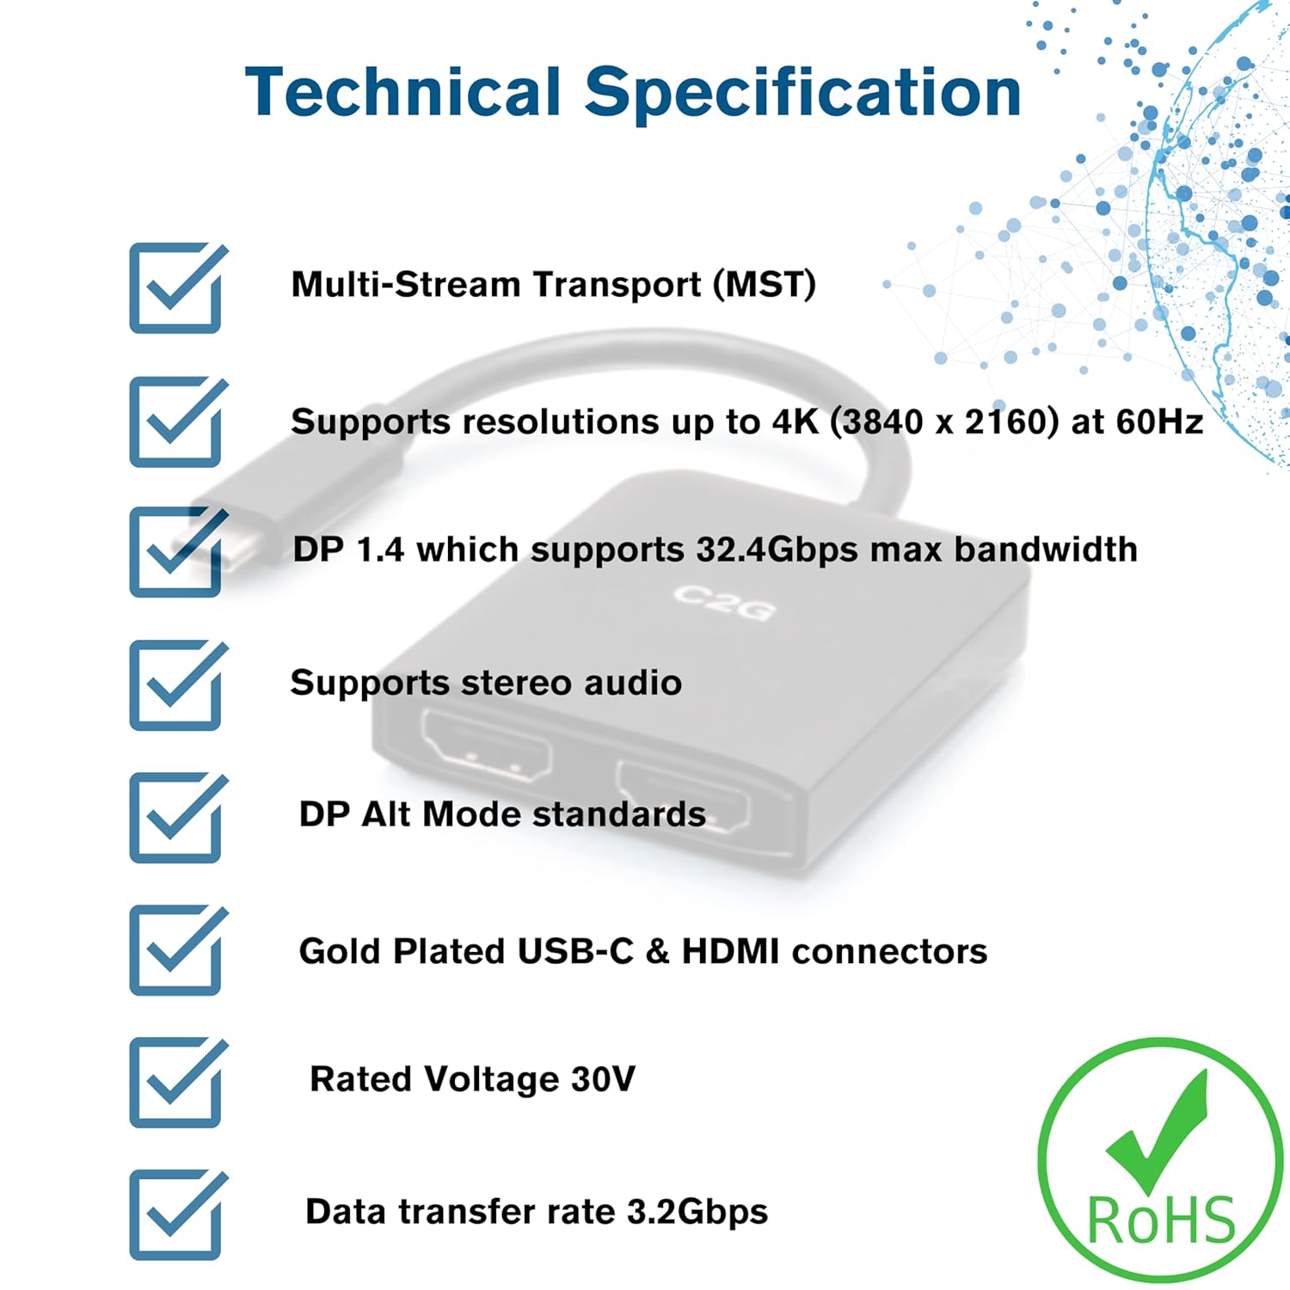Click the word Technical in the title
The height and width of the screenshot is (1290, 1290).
click(x=403, y=92)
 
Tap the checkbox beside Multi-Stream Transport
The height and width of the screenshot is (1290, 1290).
click(x=178, y=288)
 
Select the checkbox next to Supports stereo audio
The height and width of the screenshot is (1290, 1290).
click(x=178, y=685)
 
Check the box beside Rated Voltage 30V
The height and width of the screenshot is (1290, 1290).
click(x=178, y=1083)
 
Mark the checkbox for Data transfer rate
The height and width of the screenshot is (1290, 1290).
click(x=178, y=1215)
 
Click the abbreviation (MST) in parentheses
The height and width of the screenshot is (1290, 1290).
click(x=765, y=285)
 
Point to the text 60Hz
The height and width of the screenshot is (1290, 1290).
click(x=1159, y=421)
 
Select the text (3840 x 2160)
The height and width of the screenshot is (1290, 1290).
click(x=944, y=421)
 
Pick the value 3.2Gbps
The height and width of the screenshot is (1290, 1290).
click(x=697, y=1213)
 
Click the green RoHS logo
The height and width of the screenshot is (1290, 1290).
click(x=1161, y=1160)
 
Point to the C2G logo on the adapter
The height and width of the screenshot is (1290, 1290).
click(x=724, y=601)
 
